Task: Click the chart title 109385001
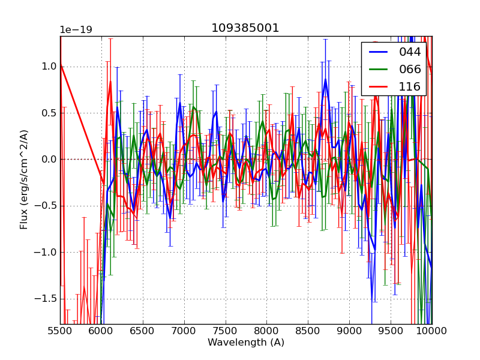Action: (245, 28)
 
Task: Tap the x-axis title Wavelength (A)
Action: (246, 343)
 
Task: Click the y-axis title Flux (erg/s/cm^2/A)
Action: (24, 179)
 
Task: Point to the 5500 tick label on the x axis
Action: (60, 331)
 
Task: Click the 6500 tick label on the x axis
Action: (143, 331)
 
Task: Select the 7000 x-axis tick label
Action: (184, 331)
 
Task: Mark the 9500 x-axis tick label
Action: (391, 331)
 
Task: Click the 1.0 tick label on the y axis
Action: (49, 67)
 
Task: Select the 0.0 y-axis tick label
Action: (49, 160)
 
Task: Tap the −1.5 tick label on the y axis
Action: (46, 299)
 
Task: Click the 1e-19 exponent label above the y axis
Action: (76, 30)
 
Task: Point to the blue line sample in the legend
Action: (378, 52)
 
